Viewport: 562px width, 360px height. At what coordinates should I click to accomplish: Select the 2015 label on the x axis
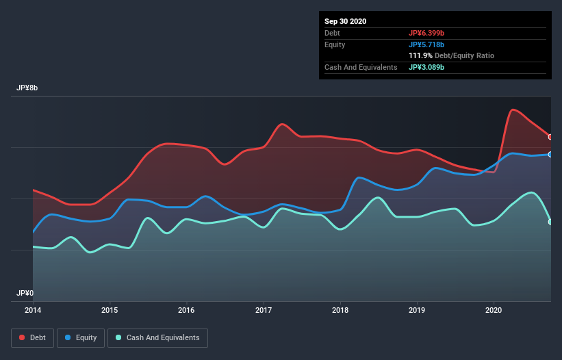(110, 310)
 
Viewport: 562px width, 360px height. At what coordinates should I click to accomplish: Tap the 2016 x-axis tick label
(186, 310)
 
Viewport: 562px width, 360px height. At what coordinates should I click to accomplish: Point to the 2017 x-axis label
(263, 310)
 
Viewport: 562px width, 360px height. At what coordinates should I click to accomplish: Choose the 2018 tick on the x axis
(340, 310)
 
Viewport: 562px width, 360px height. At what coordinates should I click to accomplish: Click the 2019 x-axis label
(417, 310)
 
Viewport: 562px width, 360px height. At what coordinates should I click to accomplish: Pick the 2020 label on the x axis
(494, 310)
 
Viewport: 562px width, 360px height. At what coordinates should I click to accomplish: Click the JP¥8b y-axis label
(28, 88)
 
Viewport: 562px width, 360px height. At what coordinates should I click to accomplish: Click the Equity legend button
(81, 337)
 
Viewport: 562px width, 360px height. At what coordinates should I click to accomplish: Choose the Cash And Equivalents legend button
(157, 337)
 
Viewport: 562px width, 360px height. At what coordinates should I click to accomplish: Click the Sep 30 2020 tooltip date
(345, 21)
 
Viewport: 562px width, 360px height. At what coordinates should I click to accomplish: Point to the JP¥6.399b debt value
(426, 33)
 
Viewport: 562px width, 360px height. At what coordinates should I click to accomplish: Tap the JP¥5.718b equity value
(426, 44)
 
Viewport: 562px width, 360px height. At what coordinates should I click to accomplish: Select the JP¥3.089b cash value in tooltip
(426, 67)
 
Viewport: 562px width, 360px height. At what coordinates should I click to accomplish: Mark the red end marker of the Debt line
(550, 137)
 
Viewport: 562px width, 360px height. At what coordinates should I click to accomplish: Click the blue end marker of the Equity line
(550, 155)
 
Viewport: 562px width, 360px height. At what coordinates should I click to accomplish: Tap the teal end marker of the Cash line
(550, 222)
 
